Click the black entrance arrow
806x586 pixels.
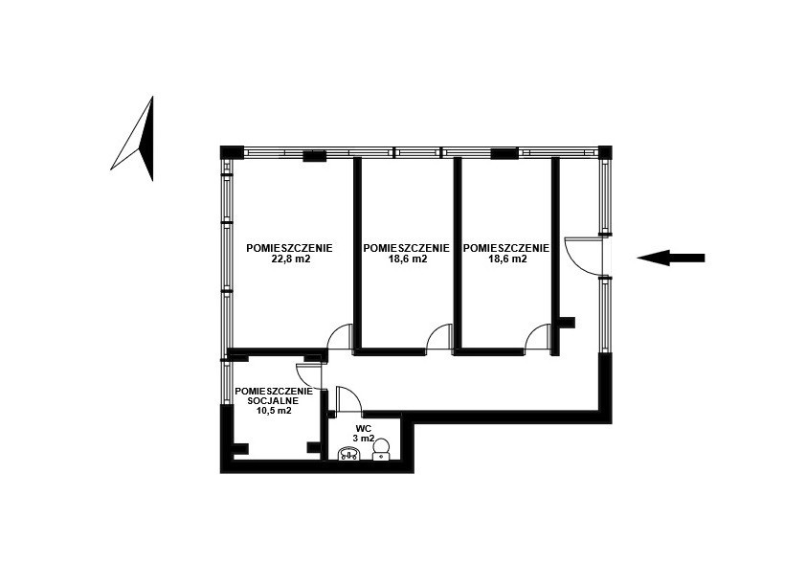tap(671, 258)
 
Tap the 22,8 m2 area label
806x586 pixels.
tap(290, 259)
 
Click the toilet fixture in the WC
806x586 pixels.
tap(381, 449)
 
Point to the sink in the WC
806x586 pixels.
tap(350, 453)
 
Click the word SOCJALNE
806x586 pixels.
tap(274, 400)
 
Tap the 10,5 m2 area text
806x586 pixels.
tap(274, 410)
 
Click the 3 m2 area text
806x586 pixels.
tap(364, 439)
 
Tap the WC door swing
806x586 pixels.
tap(348, 399)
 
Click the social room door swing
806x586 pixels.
tap(308, 375)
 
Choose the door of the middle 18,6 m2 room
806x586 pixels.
tap(438, 336)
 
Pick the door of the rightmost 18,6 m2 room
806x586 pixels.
tap(538, 337)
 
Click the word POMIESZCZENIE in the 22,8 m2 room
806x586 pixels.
tap(289, 248)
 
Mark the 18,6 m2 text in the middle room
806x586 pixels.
tap(407, 259)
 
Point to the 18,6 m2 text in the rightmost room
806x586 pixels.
tap(506, 259)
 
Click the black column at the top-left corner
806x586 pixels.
tap(232, 152)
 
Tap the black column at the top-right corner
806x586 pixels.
tap(605, 152)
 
